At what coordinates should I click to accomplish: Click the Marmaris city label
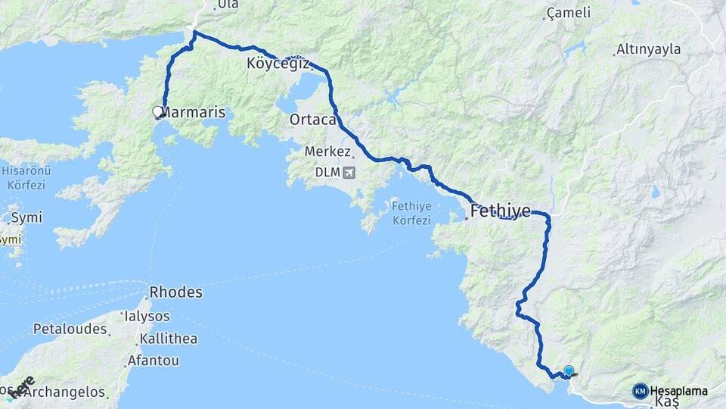pyautogui.click(x=194, y=112)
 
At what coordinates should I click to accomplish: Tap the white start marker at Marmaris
pyautogui.click(x=158, y=112)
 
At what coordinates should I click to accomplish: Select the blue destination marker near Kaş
pyautogui.click(x=569, y=371)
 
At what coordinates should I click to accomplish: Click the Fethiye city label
pyautogui.click(x=500, y=211)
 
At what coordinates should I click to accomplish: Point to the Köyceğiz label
pyautogui.click(x=278, y=64)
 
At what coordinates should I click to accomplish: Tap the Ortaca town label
pyautogui.click(x=312, y=120)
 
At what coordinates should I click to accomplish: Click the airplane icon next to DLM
pyautogui.click(x=349, y=172)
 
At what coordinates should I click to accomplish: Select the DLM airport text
pyautogui.click(x=327, y=172)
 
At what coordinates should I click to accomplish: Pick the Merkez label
pyautogui.click(x=327, y=151)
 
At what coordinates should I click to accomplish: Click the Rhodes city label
pyautogui.click(x=175, y=292)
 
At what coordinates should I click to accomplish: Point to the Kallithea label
pyautogui.click(x=168, y=339)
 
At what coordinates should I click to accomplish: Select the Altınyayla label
pyautogui.click(x=649, y=49)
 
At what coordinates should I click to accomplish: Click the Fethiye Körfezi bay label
pyautogui.click(x=411, y=214)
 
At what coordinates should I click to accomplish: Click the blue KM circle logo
pyautogui.click(x=641, y=391)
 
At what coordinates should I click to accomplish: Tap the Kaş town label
pyautogui.click(x=665, y=401)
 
